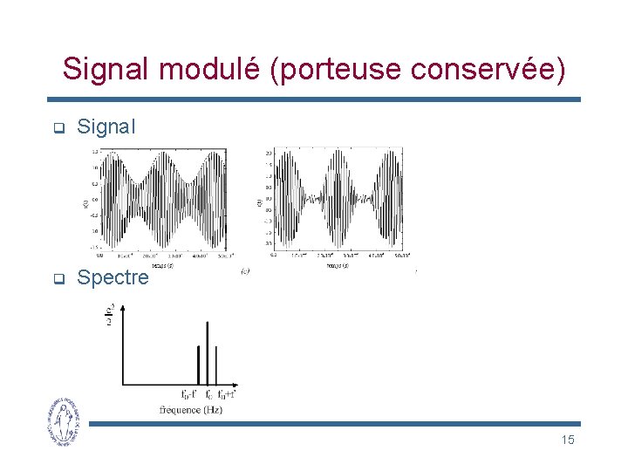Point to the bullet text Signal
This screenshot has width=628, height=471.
tap(106, 127)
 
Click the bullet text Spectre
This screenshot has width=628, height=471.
tap(113, 278)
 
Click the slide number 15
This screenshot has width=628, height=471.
tap(568, 440)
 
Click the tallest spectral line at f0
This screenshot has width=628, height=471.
tap(207, 353)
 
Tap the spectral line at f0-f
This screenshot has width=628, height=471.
tap(198, 365)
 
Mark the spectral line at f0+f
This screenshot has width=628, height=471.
tap(216, 365)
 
